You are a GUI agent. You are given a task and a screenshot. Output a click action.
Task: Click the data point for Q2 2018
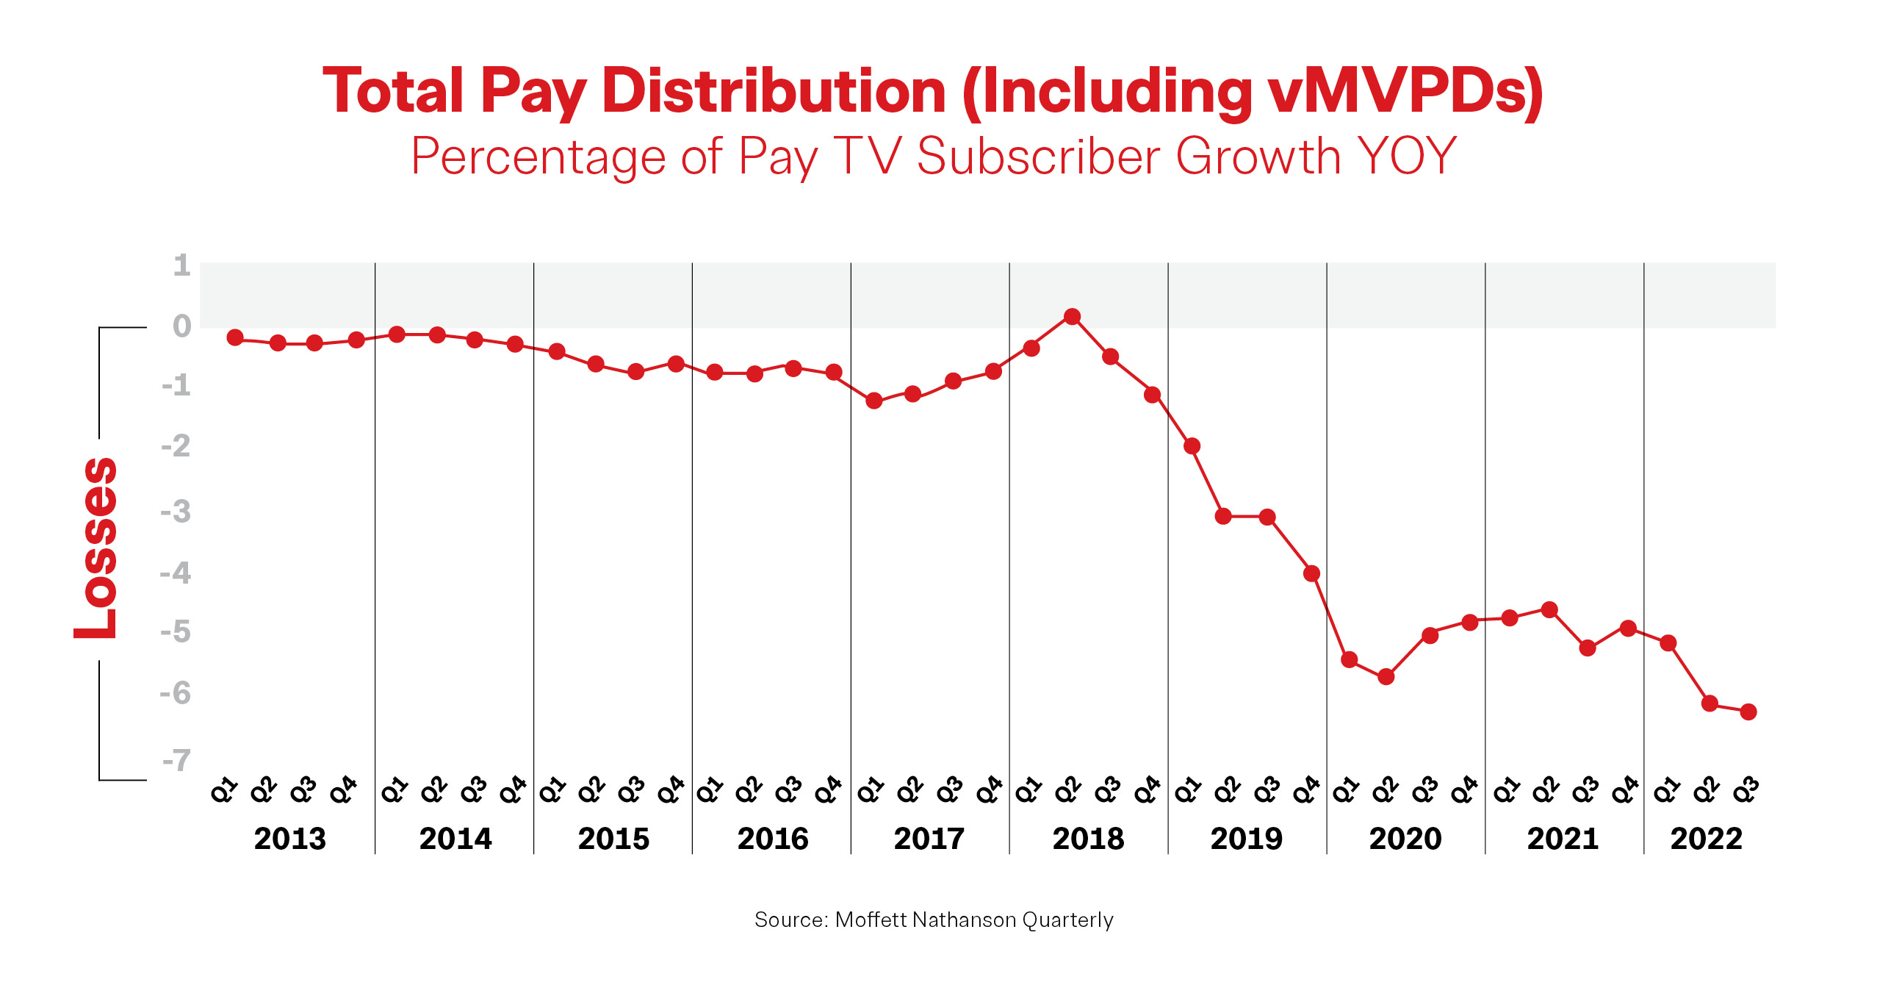point(1072,317)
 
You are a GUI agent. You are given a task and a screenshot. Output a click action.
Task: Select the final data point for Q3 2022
point(1748,712)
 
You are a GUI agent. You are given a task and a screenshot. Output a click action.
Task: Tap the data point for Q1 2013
point(235,337)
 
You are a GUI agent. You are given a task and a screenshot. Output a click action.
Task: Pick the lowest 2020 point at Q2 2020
point(1386,676)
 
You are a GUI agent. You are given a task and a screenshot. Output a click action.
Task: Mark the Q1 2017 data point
point(873,401)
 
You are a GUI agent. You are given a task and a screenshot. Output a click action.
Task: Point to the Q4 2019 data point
point(1311,573)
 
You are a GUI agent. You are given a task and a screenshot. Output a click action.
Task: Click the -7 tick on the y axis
point(177,760)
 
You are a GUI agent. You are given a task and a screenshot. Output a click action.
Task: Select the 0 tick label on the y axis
point(181,326)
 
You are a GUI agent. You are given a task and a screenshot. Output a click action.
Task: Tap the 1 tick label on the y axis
point(181,265)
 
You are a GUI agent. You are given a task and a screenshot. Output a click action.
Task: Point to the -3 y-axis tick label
point(176,511)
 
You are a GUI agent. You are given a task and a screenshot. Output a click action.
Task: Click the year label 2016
point(772,839)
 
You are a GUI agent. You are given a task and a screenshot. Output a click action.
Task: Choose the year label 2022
point(1706,839)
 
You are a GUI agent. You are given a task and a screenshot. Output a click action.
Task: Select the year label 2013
point(289,839)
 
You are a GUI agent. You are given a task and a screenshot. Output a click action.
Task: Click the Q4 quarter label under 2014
point(513,790)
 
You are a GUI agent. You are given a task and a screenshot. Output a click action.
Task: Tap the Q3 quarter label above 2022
point(1746,790)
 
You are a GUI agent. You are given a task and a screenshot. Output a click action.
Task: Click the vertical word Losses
point(96,548)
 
